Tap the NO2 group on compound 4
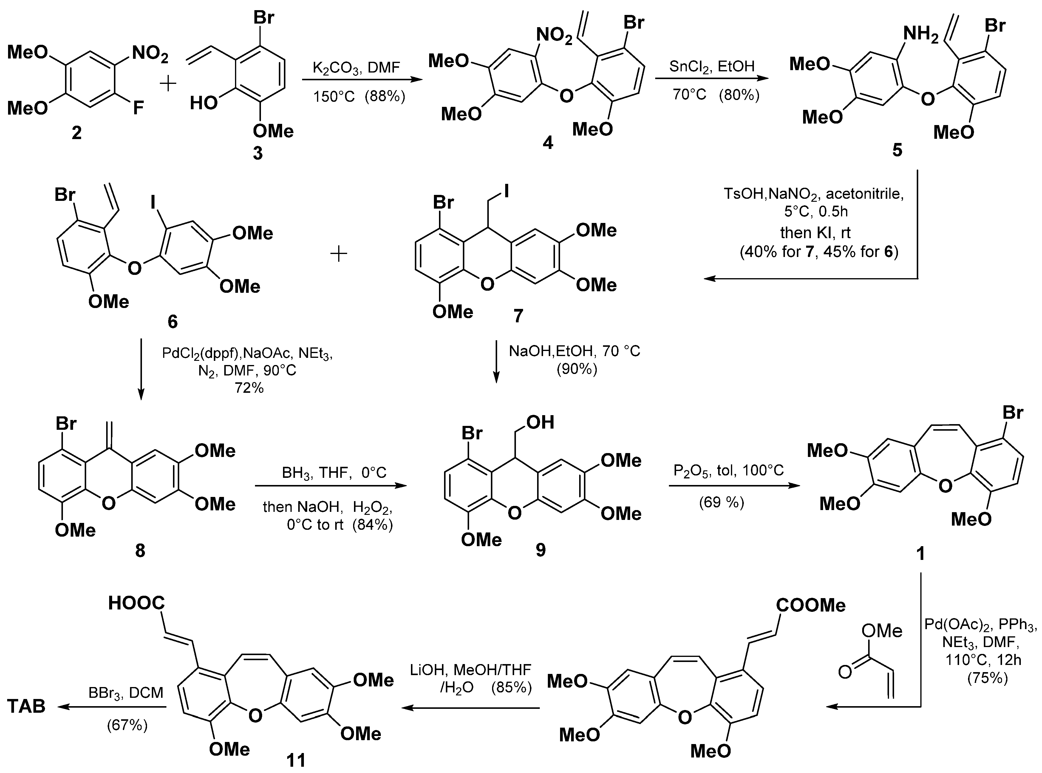tap(554, 36)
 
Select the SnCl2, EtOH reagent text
tap(712, 66)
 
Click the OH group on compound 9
tap(540, 423)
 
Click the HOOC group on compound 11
tap(137, 603)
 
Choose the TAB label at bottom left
tap(27, 706)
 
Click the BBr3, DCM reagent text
tap(126, 693)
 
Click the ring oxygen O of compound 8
tap(109, 503)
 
